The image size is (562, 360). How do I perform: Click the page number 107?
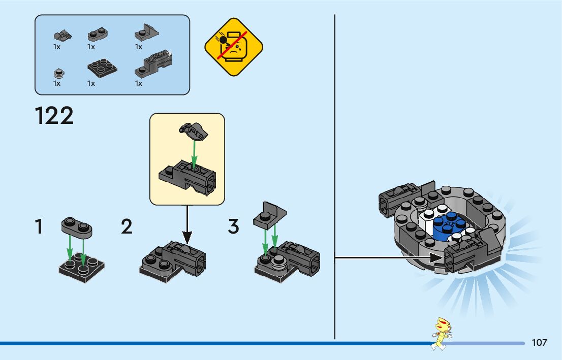point(539,343)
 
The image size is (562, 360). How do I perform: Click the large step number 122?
point(54,116)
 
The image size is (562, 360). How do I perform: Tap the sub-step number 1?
point(39,226)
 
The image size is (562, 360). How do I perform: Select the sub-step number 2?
point(127,226)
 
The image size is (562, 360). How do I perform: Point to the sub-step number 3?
point(233,226)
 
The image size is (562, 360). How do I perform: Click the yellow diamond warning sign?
point(234,47)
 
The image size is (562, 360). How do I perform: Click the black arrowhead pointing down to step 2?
point(187,237)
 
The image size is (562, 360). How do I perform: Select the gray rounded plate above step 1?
point(77,227)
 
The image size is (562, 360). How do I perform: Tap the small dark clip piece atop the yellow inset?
point(194,131)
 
